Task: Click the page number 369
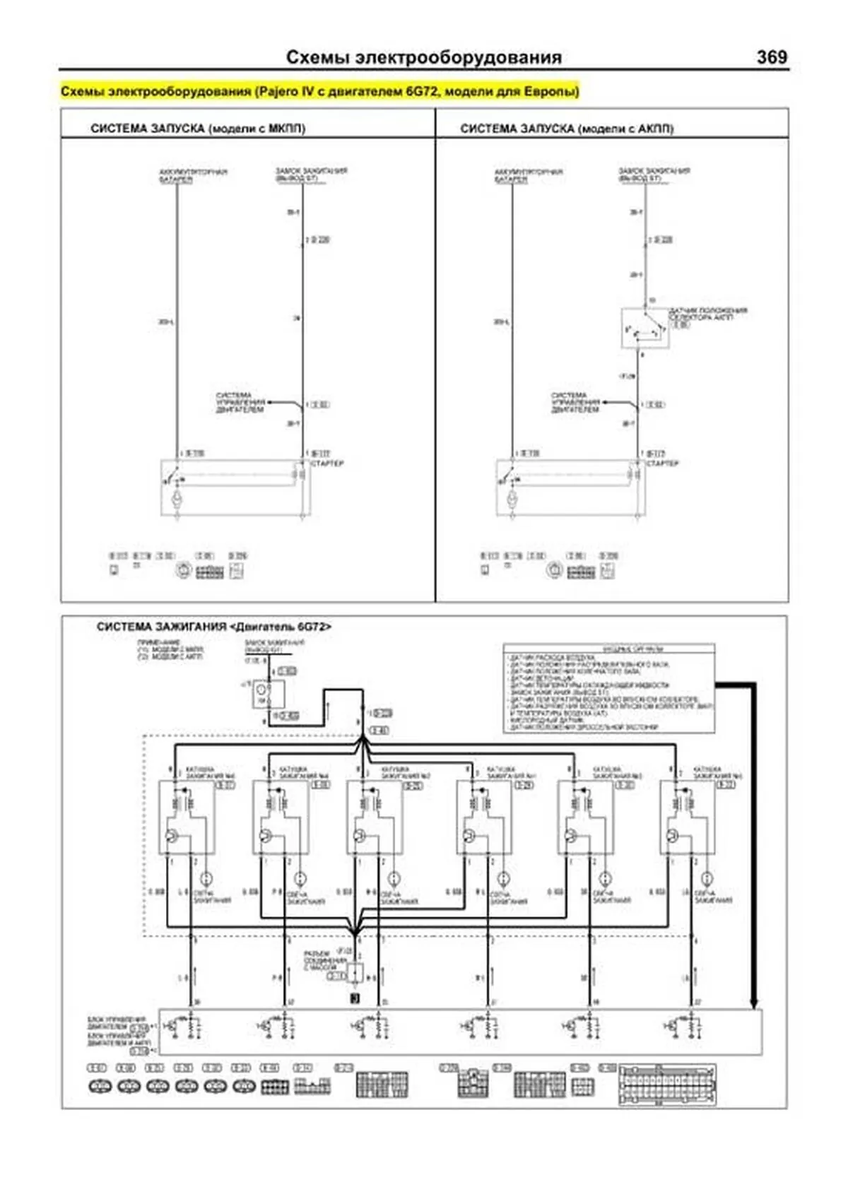771,57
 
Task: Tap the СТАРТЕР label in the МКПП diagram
327,463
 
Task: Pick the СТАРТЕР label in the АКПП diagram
663,463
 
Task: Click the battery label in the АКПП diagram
528,175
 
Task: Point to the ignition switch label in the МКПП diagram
311,175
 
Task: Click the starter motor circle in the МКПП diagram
177,500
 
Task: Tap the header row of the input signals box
608,649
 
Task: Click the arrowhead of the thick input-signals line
753,1003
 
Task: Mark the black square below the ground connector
355,998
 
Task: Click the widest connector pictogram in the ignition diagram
666,1085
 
